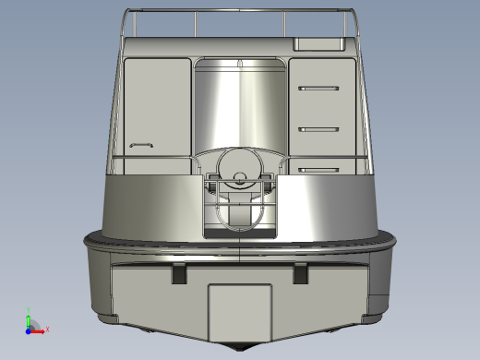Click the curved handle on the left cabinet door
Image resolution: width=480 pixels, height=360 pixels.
141,145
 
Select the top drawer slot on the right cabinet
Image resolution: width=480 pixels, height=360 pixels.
319,88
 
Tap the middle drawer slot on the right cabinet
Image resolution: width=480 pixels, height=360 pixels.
319,128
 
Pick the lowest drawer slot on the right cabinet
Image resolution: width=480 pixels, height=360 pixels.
319,169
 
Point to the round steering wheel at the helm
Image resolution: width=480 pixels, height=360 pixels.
241,169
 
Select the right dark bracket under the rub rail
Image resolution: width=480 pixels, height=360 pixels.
301,274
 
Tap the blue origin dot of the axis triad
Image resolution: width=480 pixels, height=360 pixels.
29,329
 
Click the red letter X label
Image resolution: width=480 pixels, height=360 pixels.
47,329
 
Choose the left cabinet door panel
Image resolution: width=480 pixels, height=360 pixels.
156,106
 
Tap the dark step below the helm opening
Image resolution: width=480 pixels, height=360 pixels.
240,234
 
